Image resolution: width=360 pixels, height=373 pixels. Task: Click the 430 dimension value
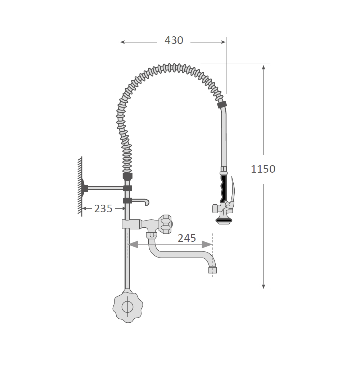174,40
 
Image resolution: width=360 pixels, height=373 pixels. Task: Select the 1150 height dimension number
263,169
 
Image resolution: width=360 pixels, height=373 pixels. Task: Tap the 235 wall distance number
103,209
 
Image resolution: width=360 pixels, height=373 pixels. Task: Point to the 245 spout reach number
187,238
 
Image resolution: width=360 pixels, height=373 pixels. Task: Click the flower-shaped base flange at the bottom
127,306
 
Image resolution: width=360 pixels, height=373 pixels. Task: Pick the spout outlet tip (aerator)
213,270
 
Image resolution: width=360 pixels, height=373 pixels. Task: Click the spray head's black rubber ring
224,220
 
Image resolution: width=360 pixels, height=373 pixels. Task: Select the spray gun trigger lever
233,190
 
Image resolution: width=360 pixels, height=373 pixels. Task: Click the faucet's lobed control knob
165,224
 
